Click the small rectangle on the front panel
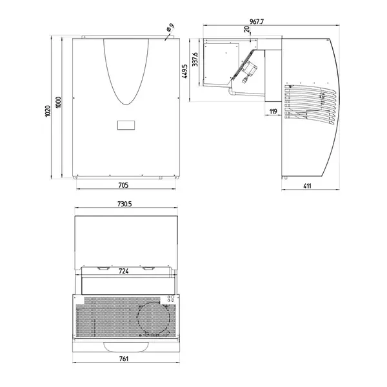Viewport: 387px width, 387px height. coord(126,126)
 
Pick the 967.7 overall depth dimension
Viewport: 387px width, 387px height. coord(257,21)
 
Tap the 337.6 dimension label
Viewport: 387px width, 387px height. coord(194,63)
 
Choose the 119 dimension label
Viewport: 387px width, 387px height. coord(272,112)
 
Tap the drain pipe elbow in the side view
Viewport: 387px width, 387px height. coord(232,95)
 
